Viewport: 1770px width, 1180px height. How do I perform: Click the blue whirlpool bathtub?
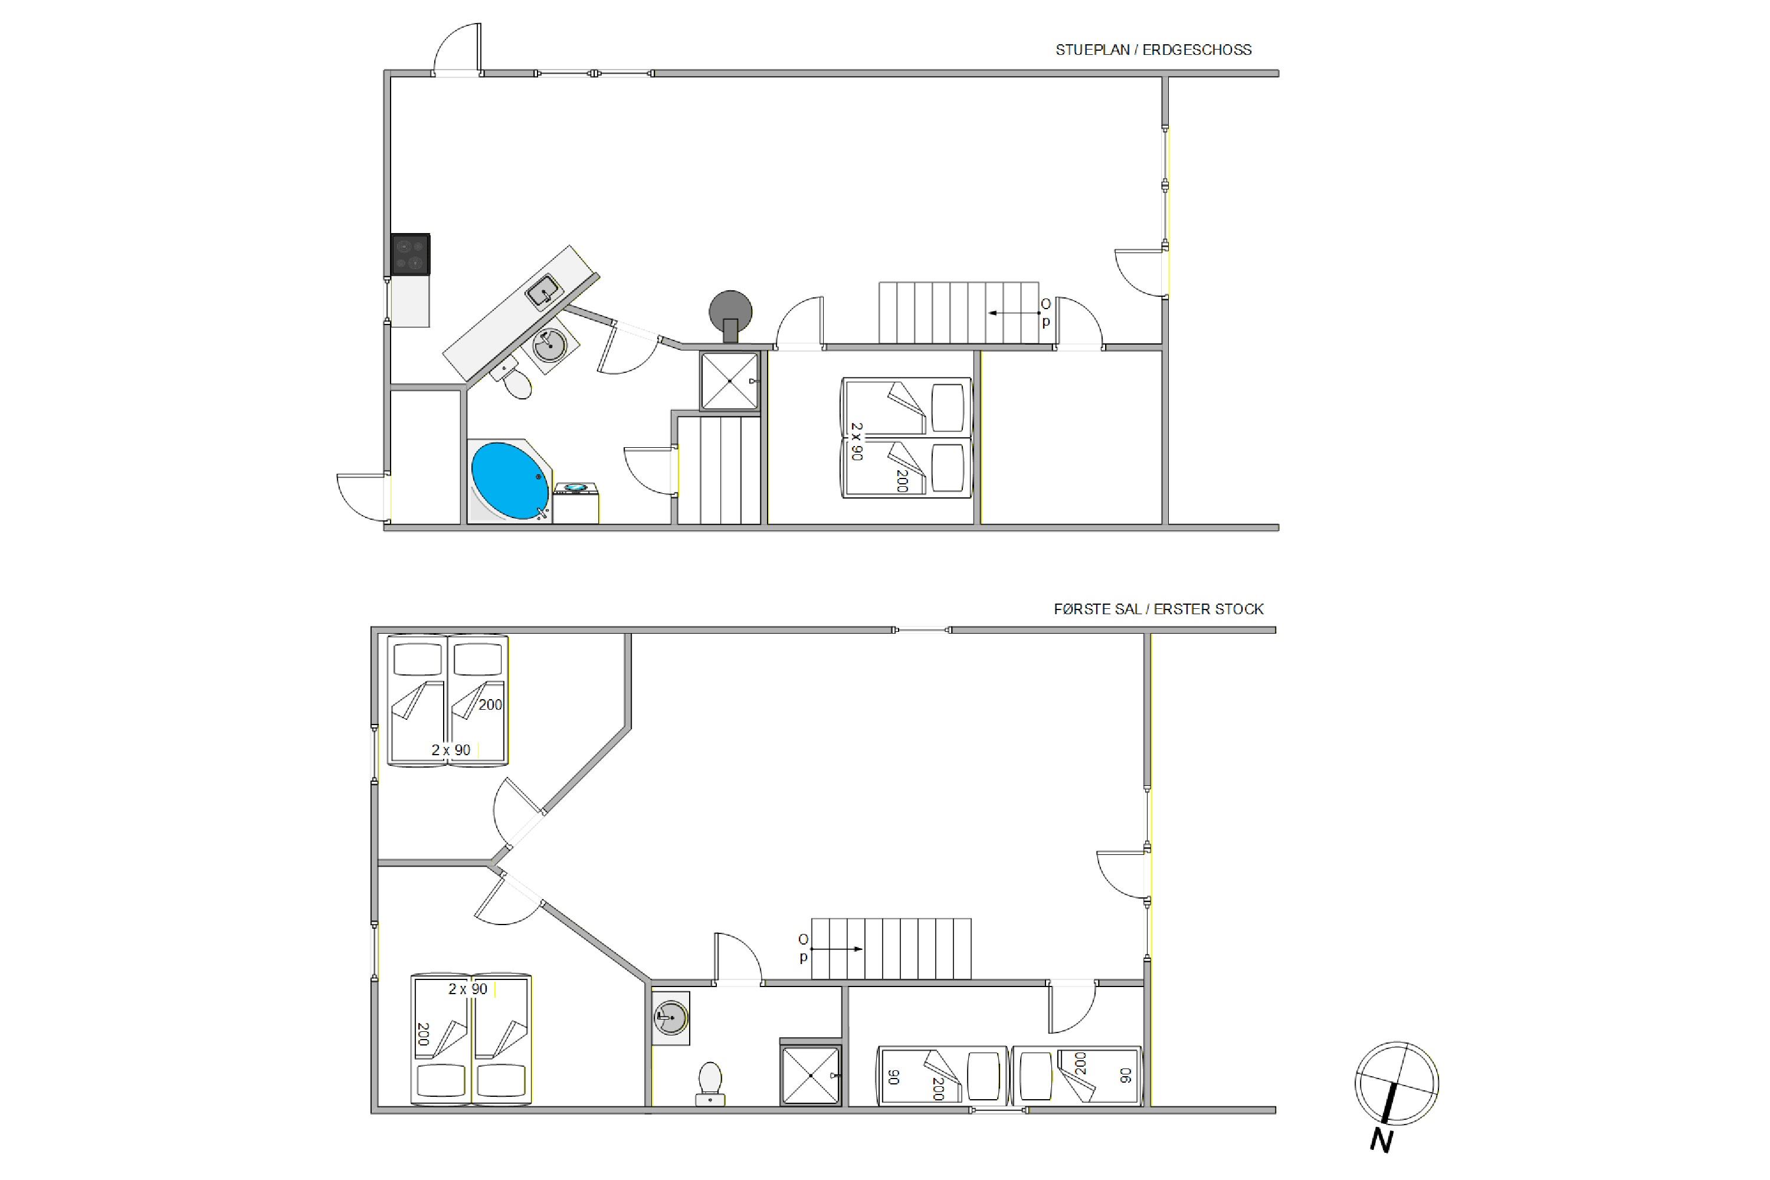point(510,481)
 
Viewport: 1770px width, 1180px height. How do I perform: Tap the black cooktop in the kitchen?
point(411,254)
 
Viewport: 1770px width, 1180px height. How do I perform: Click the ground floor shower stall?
point(729,381)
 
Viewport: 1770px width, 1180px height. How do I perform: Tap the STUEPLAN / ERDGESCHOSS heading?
point(1153,50)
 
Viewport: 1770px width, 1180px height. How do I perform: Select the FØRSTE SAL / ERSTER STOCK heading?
point(1159,609)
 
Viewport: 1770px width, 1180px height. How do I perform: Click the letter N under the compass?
point(1380,1141)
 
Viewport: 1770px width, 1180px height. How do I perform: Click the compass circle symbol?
point(1397,1084)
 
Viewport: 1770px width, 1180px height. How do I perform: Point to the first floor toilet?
point(710,1084)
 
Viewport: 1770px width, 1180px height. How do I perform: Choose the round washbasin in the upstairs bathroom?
point(670,1018)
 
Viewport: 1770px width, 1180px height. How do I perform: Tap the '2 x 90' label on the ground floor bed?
point(857,441)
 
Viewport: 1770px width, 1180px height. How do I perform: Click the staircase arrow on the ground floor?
point(1014,313)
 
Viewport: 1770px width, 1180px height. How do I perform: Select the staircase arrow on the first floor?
point(837,949)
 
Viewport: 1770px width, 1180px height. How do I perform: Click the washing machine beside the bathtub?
point(576,503)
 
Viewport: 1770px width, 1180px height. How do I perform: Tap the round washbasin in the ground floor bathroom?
point(549,346)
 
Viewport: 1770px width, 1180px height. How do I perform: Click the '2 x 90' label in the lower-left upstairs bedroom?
point(468,989)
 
